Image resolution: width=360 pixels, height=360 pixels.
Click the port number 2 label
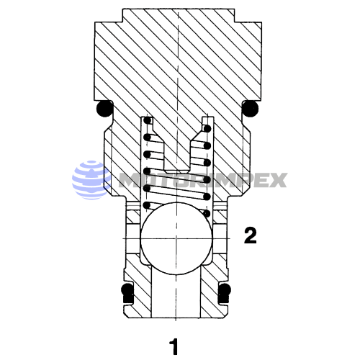tap(250, 235)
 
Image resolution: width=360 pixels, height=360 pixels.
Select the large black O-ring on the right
tap(250, 109)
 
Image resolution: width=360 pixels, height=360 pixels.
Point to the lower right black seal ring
tap(225, 293)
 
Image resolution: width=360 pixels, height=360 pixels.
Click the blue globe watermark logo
tap(89, 178)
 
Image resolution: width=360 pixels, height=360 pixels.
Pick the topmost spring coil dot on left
tap(148, 122)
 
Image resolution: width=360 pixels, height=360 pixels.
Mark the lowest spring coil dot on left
tap(148, 206)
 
